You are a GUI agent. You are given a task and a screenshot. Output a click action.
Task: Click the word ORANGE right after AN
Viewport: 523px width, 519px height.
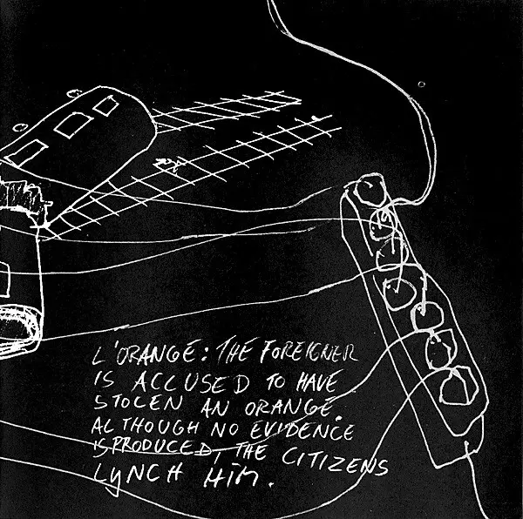(291, 403)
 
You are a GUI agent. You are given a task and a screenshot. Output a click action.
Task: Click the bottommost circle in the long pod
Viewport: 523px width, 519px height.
(456, 386)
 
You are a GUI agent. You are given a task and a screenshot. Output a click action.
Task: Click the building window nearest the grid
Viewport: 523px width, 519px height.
(105, 106)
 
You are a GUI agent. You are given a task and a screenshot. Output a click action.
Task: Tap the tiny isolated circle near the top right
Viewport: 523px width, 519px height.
(421, 84)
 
